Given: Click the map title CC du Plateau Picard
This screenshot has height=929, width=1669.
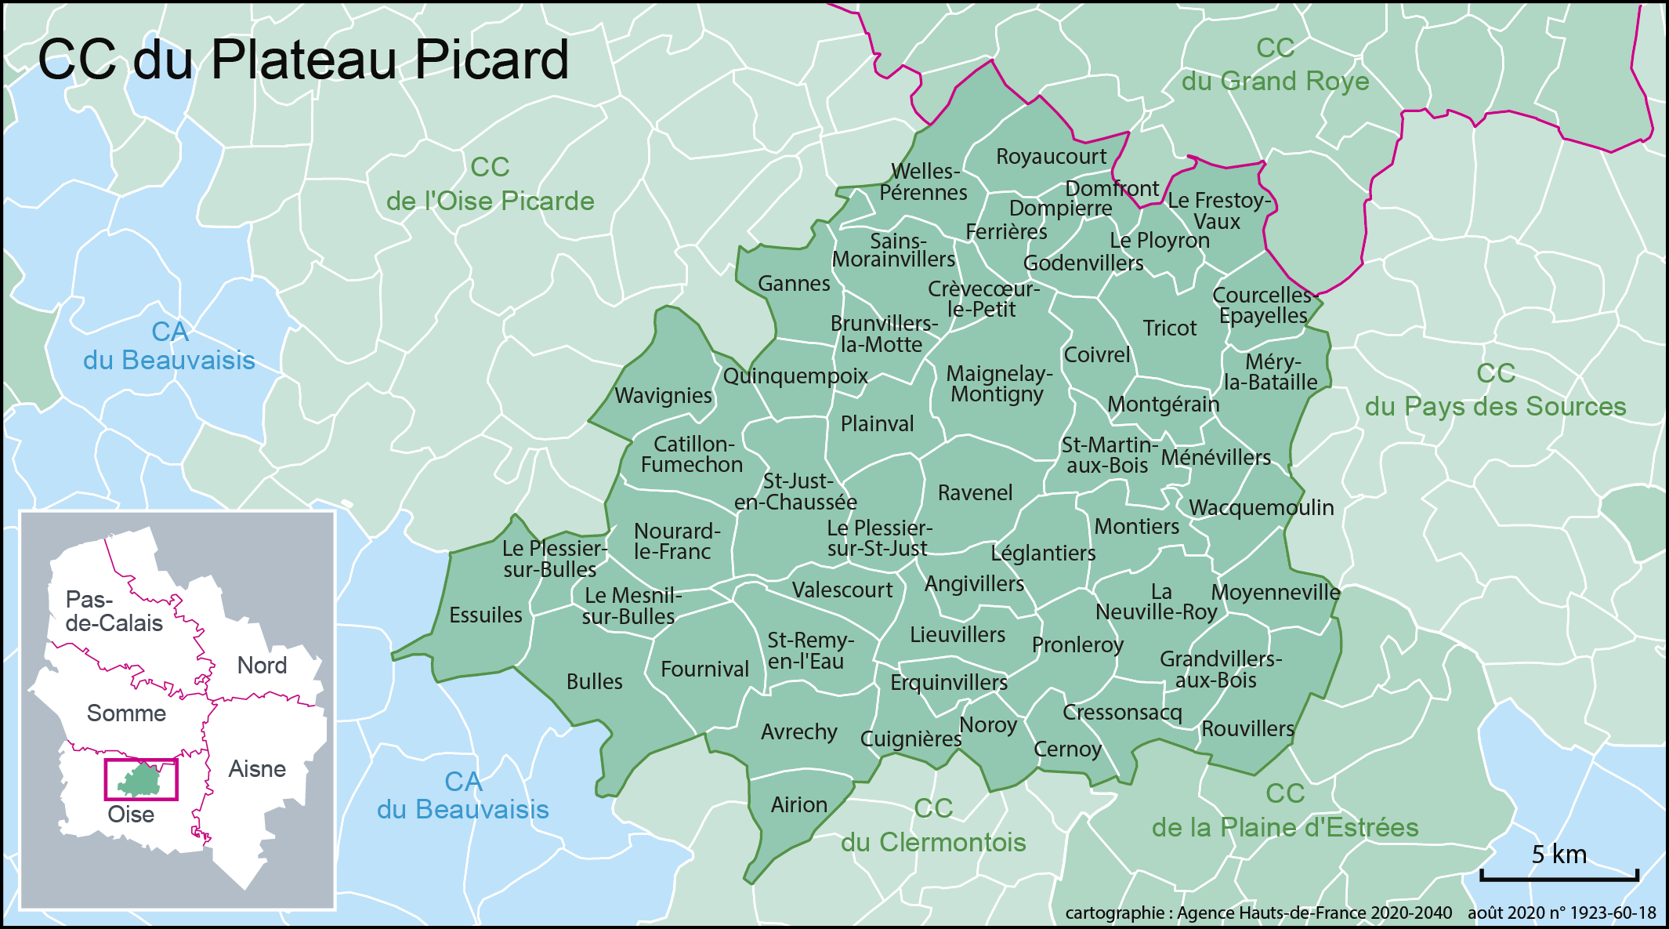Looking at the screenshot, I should click(303, 60).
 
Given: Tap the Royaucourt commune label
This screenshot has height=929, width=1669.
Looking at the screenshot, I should click(1051, 157).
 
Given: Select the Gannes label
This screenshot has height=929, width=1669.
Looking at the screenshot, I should click(794, 284).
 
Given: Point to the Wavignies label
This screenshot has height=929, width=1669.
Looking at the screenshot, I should click(663, 396).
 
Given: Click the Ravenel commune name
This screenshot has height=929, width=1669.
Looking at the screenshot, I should click(975, 493).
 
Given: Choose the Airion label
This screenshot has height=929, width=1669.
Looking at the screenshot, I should click(798, 805).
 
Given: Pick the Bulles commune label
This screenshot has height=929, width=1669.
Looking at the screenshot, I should click(594, 682).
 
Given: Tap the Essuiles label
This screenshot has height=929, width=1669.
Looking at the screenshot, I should click(485, 615).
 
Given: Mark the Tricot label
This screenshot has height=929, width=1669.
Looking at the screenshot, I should click(1169, 328).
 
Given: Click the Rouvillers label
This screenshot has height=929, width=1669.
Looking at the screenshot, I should click(1247, 729).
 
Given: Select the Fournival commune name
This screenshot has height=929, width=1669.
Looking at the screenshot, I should click(704, 670).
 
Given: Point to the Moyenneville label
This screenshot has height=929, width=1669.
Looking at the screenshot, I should click(1276, 593).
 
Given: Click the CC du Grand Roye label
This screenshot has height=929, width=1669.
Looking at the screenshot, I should click(1275, 65).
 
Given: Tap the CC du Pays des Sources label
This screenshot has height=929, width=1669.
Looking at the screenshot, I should click(1495, 390).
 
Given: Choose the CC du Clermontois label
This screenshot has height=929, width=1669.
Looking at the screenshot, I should click(933, 826).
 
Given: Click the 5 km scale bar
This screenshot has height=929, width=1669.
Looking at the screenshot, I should click(1559, 873).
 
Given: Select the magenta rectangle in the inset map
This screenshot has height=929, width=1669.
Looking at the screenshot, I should click(142, 779).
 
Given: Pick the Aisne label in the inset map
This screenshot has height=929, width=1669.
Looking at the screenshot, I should click(257, 769).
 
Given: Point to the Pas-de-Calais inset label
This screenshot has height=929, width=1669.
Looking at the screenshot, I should click(114, 611).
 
